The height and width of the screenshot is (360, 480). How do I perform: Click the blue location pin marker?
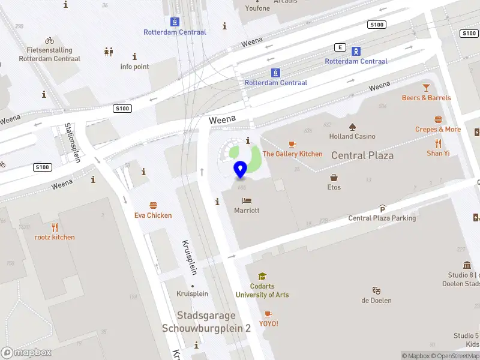241,169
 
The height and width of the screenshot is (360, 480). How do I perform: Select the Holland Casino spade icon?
352,126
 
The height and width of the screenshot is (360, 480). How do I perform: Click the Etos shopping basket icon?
334,178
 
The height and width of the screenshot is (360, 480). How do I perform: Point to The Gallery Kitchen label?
293,154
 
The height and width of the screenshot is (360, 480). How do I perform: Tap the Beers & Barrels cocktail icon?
426,88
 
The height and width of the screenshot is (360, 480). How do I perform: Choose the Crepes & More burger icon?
438,119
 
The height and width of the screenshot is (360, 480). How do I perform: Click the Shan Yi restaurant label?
438,153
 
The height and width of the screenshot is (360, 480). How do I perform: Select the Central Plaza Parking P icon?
382,209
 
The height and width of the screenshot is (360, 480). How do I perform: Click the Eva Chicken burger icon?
153,205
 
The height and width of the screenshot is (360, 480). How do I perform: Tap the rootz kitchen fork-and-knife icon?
55,227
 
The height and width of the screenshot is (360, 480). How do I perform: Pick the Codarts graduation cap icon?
262,276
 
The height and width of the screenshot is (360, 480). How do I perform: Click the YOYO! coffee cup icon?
268,314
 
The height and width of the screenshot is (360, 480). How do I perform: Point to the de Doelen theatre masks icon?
376,290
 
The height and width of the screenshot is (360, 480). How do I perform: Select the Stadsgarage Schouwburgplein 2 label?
206,322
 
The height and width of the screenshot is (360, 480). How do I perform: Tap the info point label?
134,67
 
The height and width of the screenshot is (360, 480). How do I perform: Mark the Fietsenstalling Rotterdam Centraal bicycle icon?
49,40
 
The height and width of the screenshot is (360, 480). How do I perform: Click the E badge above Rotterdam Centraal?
341,47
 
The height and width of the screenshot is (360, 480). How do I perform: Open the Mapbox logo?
26,353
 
